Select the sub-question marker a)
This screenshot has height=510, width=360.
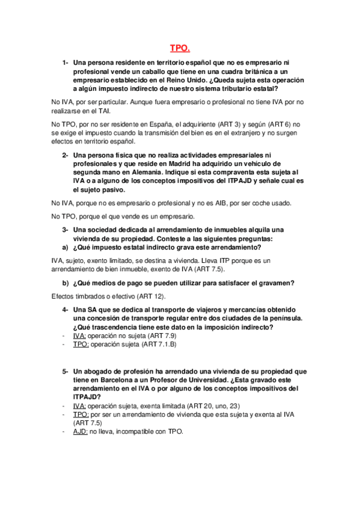(x=65, y=247)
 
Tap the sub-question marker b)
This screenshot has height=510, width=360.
(x=65, y=283)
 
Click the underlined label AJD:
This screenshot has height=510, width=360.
(x=80, y=432)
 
